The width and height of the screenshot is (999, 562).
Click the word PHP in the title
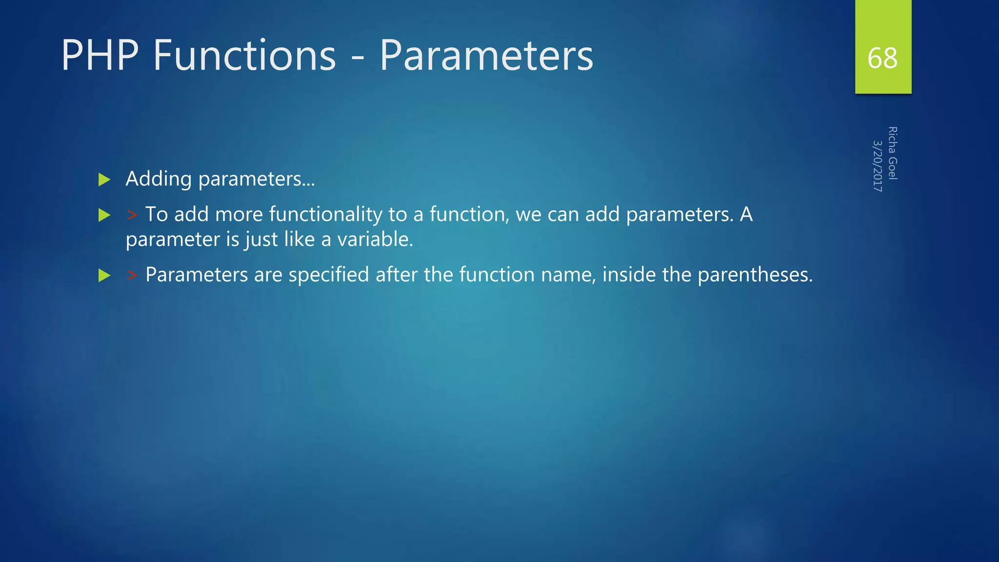(x=100, y=56)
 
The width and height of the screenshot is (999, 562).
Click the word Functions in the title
(x=244, y=56)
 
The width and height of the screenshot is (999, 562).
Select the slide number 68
(x=882, y=58)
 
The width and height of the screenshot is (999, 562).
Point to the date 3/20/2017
(x=878, y=166)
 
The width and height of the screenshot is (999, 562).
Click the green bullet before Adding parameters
(x=104, y=180)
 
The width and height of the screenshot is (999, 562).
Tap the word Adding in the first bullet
(x=159, y=179)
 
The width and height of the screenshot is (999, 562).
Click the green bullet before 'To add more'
(x=104, y=215)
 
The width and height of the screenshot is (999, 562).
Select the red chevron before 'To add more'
(x=132, y=215)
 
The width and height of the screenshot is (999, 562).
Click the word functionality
(x=325, y=215)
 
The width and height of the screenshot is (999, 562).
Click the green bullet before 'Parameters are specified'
(x=104, y=276)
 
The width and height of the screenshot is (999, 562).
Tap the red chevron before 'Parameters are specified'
(x=132, y=276)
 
